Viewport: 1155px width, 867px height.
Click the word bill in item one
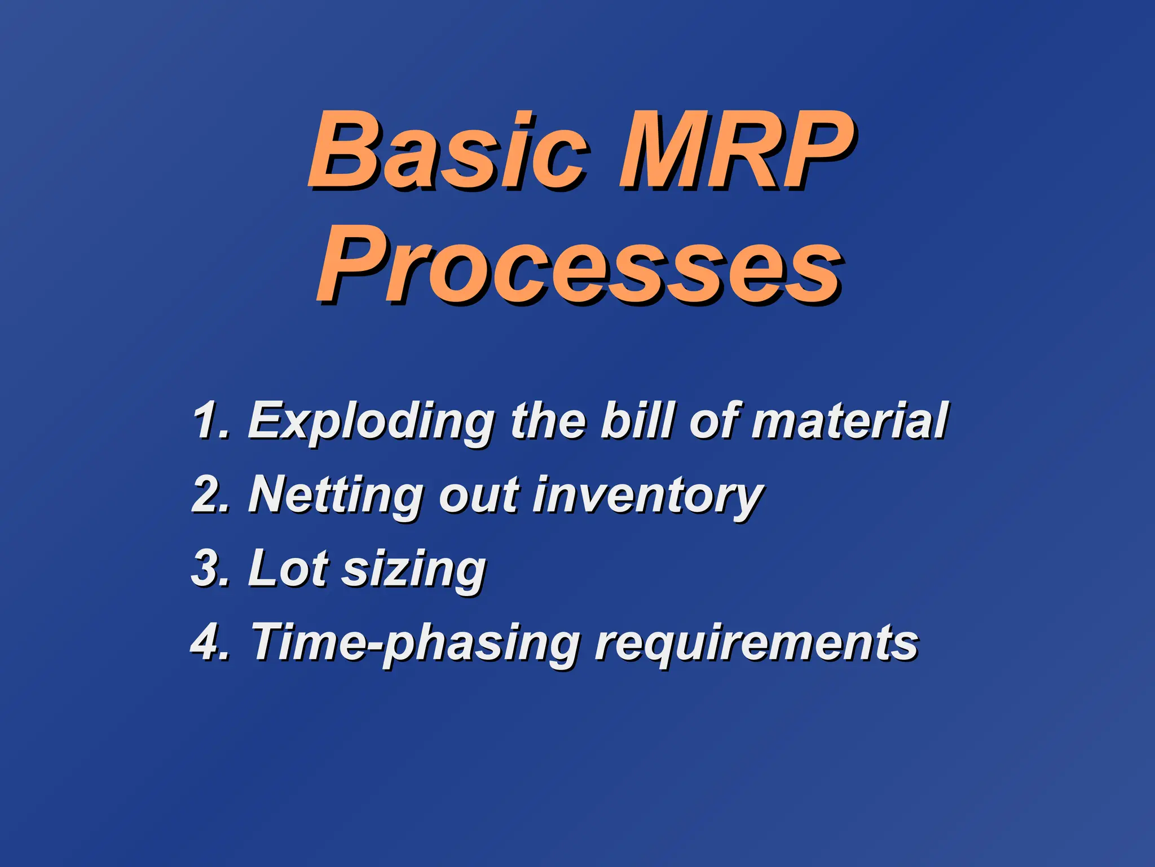pyautogui.click(x=637, y=421)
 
